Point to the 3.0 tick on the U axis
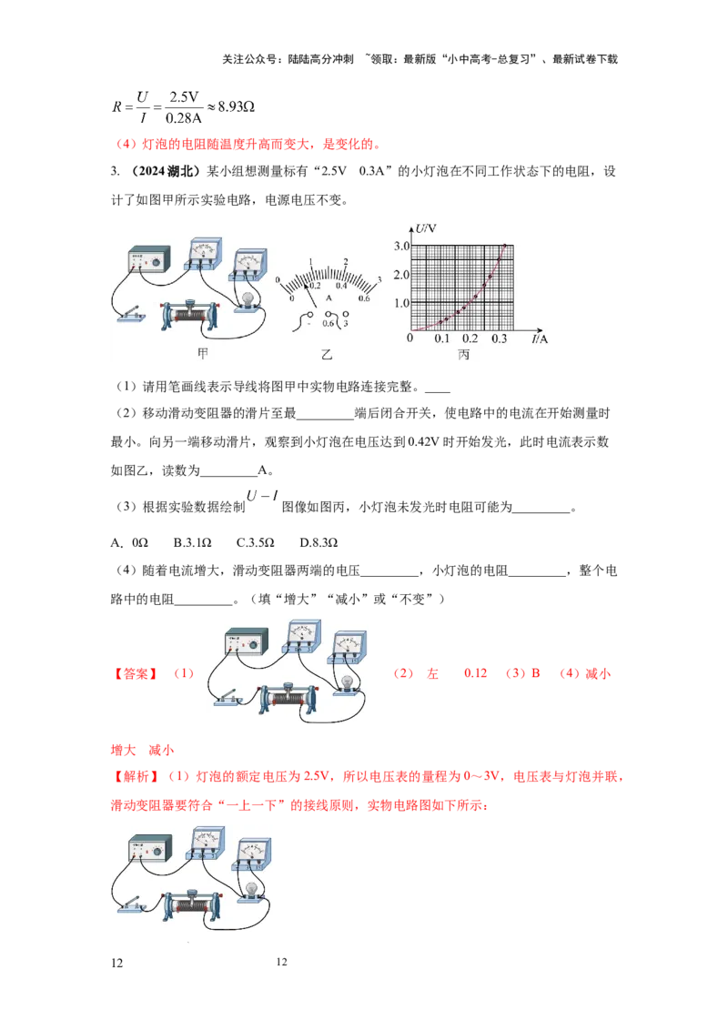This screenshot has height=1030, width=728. pos(401,247)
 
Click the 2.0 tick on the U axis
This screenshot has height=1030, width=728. pos(401,275)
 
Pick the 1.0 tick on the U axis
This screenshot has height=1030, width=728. pos(401,303)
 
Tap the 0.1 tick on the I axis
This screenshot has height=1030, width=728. pos(442,338)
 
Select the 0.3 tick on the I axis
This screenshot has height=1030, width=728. pos(500,338)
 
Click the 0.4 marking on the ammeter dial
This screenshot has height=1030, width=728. pos(342,286)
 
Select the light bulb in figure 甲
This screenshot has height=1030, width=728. pos(248,298)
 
